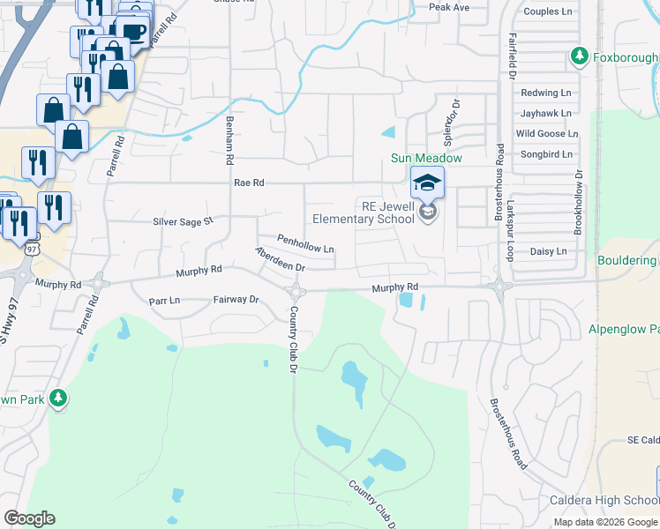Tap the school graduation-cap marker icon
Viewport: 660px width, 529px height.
[427, 183]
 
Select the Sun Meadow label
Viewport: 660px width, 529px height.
[427, 158]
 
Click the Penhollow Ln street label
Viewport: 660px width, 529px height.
[305, 244]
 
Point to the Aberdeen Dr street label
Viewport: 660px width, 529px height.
[280, 259]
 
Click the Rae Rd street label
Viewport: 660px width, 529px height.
[250, 183]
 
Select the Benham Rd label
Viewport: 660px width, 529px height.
[229, 142]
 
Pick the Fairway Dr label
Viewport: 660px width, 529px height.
[236, 300]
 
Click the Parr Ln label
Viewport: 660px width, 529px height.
[164, 300]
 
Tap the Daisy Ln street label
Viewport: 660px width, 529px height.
[549, 251]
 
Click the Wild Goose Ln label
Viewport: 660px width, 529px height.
[547, 134]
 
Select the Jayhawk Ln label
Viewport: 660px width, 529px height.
[546, 114]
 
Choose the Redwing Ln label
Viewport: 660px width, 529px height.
[546, 93]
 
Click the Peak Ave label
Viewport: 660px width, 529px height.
[448, 7]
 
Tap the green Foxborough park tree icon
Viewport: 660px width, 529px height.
[579, 57]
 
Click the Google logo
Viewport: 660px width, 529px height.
[29, 518]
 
